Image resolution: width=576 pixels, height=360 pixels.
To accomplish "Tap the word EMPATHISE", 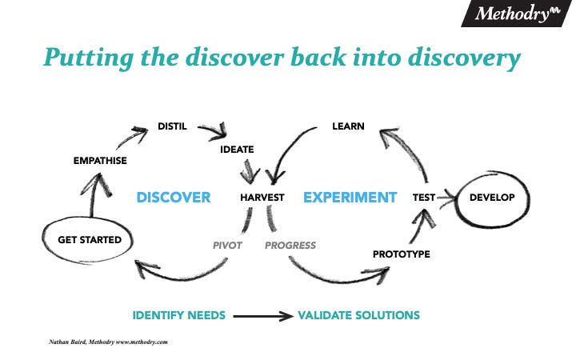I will pos(100,162).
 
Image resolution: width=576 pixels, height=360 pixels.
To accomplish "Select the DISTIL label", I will pos(173,126).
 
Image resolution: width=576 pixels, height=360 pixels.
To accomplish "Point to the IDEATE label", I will pos(237,150).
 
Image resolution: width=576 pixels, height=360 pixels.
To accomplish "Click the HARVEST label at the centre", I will pos(262,198).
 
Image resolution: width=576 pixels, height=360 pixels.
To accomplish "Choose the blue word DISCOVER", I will pos(174,198).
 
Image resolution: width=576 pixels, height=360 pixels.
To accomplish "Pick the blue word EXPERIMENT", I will pos(350,198).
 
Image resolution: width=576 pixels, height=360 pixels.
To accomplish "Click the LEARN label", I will pos(348,126).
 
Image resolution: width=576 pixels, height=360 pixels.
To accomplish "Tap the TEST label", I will pos(424,198).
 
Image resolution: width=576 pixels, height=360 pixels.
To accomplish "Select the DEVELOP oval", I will pos(492,198).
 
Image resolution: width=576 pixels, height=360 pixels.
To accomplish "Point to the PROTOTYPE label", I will pos(402,254).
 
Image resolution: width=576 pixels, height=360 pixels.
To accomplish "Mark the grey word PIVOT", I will pos(227,246).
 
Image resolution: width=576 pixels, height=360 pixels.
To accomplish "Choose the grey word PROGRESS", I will pos(290,246).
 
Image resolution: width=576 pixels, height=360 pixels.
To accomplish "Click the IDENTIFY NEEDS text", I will pos(178,315).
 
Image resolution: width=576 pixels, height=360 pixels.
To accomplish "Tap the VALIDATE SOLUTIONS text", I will pos(358,315).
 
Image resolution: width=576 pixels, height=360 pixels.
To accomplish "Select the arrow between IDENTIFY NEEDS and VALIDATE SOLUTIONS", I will pos(263,316).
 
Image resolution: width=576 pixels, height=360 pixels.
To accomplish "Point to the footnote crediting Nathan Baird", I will pos(108,342).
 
